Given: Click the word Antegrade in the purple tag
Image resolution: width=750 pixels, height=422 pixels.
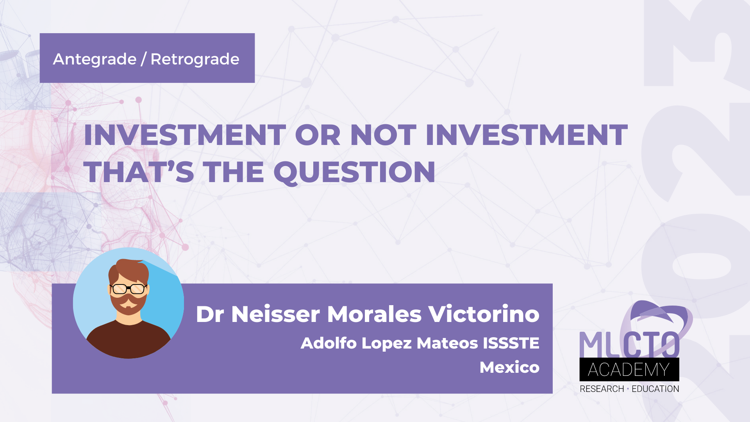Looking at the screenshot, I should [95, 59].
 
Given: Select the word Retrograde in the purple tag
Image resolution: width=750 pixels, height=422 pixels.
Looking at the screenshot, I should [195, 59].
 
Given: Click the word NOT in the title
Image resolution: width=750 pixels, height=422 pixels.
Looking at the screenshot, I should [383, 135].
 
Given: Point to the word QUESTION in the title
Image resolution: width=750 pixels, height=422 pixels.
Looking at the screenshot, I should [354, 172].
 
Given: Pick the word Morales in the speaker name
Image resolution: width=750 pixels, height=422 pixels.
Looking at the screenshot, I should [374, 314].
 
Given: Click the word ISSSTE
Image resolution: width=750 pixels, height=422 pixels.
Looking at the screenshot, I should [511, 343].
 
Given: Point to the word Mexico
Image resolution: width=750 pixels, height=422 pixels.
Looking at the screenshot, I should [509, 367].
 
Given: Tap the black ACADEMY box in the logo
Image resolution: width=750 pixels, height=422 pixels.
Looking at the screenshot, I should [629, 370].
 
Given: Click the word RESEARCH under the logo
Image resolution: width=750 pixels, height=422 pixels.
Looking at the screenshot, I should [602, 389].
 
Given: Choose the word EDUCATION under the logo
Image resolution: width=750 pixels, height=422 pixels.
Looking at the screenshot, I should [655, 389].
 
